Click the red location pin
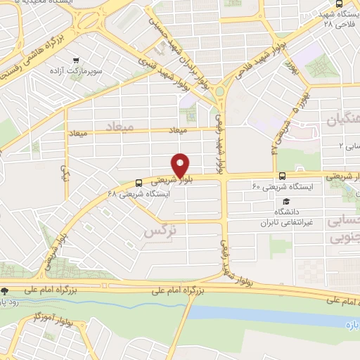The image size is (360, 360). (x=181, y=165)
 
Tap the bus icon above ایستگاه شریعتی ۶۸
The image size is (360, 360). (x=138, y=183)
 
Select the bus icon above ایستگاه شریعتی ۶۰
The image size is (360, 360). (x=282, y=176)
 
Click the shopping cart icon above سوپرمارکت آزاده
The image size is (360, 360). (x=84, y=61)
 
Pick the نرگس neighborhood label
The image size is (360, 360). (x=158, y=231)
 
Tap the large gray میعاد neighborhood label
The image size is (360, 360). (x=119, y=127)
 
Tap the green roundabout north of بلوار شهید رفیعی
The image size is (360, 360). (x=220, y=91)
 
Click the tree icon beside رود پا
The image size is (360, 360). (x=5, y=290)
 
